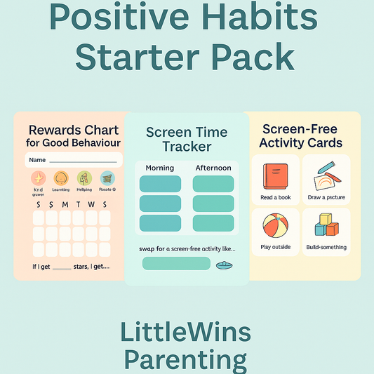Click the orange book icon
point(275,176)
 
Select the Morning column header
point(159,168)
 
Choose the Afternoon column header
point(213,168)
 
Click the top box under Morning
point(160,185)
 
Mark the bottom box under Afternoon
point(213,223)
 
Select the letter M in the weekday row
point(65,204)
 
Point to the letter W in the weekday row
point(91,204)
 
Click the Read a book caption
point(275,198)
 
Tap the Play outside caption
point(275,248)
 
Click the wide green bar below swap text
point(176,264)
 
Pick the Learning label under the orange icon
point(61,190)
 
